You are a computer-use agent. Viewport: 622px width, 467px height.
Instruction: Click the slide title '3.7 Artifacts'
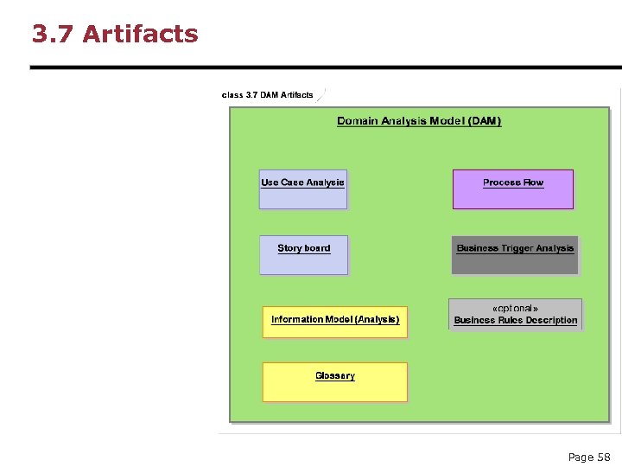pyautogui.click(x=115, y=34)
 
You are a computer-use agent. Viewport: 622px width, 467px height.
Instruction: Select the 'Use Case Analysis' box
pyautogui.click(x=302, y=189)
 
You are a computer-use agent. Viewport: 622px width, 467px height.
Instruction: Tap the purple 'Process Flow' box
pyautogui.click(x=513, y=189)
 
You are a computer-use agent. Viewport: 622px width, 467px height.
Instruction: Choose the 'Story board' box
pyautogui.click(x=303, y=255)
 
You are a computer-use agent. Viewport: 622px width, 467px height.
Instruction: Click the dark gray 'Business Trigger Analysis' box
pyautogui.click(x=515, y=255)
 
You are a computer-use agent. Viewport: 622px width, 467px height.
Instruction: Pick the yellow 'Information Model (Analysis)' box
pyautogui.click(x=334, y=322)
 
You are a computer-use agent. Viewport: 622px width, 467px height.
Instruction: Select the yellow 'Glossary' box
pyautogui.click(x=334, y=382)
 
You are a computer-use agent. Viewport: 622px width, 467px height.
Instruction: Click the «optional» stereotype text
pyautogui.click(x=515, y=308)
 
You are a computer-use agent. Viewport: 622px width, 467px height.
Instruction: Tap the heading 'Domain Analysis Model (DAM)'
pyautogui.click(x=419, y=121)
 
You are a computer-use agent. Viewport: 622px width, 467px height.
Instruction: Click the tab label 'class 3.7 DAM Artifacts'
pyautogui.click(x=268, y=95)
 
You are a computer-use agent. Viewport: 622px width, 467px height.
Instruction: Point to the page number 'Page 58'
pyautogui.click(x=588, y=457)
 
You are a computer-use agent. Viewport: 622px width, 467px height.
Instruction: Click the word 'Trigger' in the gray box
pyautogui.click(x=517, y=248)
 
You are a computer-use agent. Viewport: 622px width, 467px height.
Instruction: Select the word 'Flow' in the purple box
pyautogui.click(x=533, y=182)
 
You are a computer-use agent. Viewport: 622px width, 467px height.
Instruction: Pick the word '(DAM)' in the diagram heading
pyautogui.click(x=485, y=121)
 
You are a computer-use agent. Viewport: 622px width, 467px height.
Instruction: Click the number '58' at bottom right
pyautogui.click(x=603, y=457)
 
